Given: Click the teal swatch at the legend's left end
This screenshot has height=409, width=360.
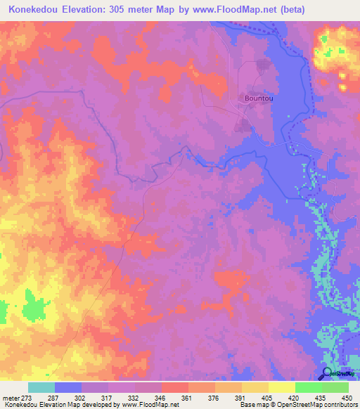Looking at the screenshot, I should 41,387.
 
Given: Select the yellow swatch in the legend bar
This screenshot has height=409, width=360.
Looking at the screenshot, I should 255,387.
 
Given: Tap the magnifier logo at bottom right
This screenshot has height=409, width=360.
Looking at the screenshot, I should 327,374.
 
